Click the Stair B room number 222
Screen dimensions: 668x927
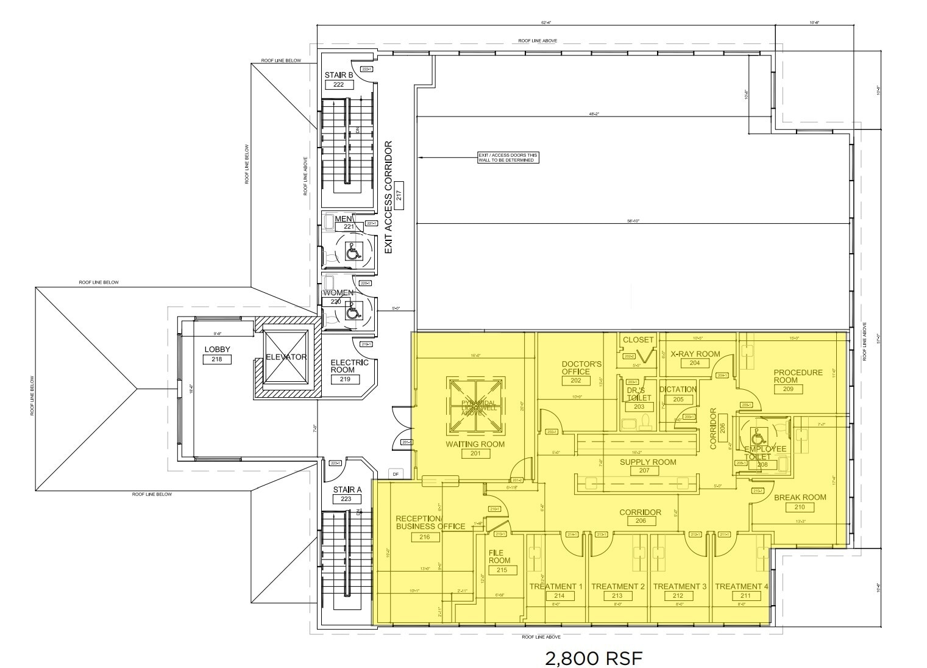click(339, 85)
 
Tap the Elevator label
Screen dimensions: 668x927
click(286, 357)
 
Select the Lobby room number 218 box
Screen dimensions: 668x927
click(217, 359)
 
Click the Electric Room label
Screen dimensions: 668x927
click(349, 366)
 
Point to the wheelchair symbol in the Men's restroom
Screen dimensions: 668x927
click(352, 251)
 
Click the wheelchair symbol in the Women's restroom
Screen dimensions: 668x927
click(352, 312)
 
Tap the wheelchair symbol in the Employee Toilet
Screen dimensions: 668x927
click(758, 437)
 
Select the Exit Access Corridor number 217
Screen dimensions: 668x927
click(399, 188)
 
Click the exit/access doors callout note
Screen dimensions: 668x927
click(508, 157)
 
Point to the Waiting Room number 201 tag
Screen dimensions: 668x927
click(475, 454)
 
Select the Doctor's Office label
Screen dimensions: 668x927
click(581, 368)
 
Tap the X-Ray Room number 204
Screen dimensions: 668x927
click(695, 363)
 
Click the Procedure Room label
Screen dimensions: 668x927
click(798, 376)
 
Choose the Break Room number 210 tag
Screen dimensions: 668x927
click(800, 507)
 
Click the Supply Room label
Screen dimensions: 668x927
click(648, 462)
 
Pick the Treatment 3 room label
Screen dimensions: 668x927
click(680, 586)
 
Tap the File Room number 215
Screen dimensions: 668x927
click(502, 570)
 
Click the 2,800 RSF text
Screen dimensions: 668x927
click(593, 659)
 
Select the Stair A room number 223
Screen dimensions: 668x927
click(346, 499)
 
